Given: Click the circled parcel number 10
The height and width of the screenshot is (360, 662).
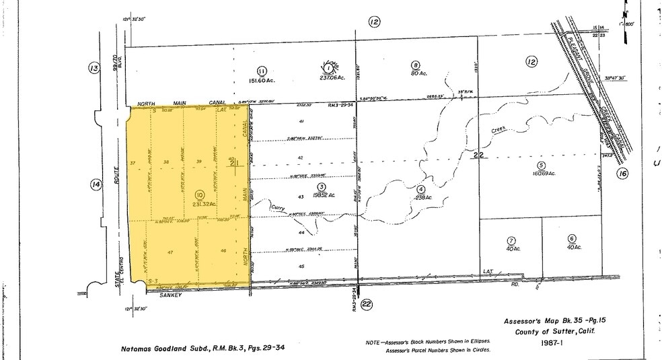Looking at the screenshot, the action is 199,195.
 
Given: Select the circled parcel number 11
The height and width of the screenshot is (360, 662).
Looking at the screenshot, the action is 262,70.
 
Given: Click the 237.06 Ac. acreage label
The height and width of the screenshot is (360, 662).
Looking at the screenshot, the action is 328,77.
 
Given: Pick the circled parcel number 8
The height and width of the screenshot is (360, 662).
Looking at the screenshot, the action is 416,65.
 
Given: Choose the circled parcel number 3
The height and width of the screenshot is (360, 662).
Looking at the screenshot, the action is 322,186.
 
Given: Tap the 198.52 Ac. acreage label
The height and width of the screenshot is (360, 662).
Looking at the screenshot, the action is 322,195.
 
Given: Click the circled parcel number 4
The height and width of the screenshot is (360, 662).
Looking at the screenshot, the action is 420,189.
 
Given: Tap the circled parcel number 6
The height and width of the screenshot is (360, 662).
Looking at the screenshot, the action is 572,238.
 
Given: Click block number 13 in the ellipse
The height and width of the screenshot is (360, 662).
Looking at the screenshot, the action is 94,67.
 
